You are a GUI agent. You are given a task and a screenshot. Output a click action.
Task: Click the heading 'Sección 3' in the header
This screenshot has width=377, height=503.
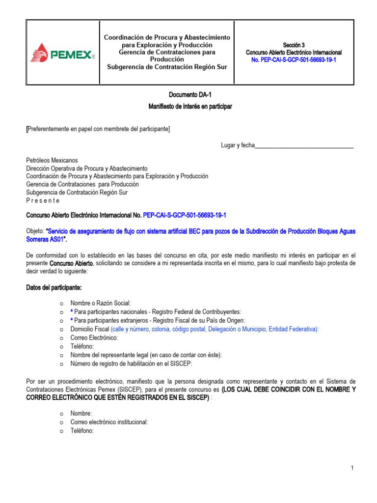(294, 45)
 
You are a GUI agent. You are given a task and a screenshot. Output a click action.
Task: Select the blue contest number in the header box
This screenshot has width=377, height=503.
(294, 60)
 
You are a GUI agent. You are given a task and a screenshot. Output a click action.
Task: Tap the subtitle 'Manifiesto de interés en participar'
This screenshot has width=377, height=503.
(190, 107)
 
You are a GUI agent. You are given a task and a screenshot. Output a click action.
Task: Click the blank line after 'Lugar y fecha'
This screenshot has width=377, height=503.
(304, 145)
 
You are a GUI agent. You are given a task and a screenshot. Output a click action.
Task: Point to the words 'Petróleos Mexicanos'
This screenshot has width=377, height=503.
(52, 161)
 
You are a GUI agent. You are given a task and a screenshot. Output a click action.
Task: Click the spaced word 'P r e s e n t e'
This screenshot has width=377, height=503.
(43, 200)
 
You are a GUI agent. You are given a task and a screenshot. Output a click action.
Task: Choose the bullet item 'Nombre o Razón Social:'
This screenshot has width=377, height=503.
(101, 304)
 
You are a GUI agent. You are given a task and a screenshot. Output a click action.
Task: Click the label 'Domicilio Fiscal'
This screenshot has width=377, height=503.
(90, 329)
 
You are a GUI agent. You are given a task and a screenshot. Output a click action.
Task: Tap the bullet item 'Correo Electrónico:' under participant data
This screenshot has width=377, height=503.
(94, 337)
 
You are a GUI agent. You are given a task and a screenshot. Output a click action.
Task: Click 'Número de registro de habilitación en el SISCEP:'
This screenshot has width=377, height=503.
(131, 363)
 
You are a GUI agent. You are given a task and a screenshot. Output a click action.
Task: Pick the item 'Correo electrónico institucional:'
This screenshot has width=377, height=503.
(109, 422)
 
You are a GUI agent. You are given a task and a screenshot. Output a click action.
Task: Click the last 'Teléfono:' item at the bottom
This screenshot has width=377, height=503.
(81, 430)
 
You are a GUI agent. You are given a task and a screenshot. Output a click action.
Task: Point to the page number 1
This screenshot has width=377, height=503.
(352, 469)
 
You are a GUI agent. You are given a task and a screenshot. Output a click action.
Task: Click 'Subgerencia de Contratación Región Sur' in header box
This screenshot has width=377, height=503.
(167, 67)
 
